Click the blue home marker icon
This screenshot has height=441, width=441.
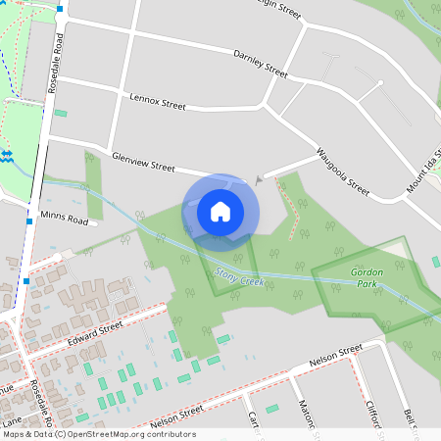tap(220, 211)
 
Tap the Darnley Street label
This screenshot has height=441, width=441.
tap(261, 65)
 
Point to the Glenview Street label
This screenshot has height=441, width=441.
tap(143, 163)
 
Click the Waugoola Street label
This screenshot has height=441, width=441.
tap(343, 171)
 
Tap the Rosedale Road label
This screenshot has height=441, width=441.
tap(59, 59)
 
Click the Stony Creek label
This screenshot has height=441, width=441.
tap(239, 281)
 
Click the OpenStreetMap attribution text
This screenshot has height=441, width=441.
tap(98, 434)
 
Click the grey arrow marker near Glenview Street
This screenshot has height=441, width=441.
tap(258, 179)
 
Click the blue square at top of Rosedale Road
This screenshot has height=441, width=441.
tap(61, 9)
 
